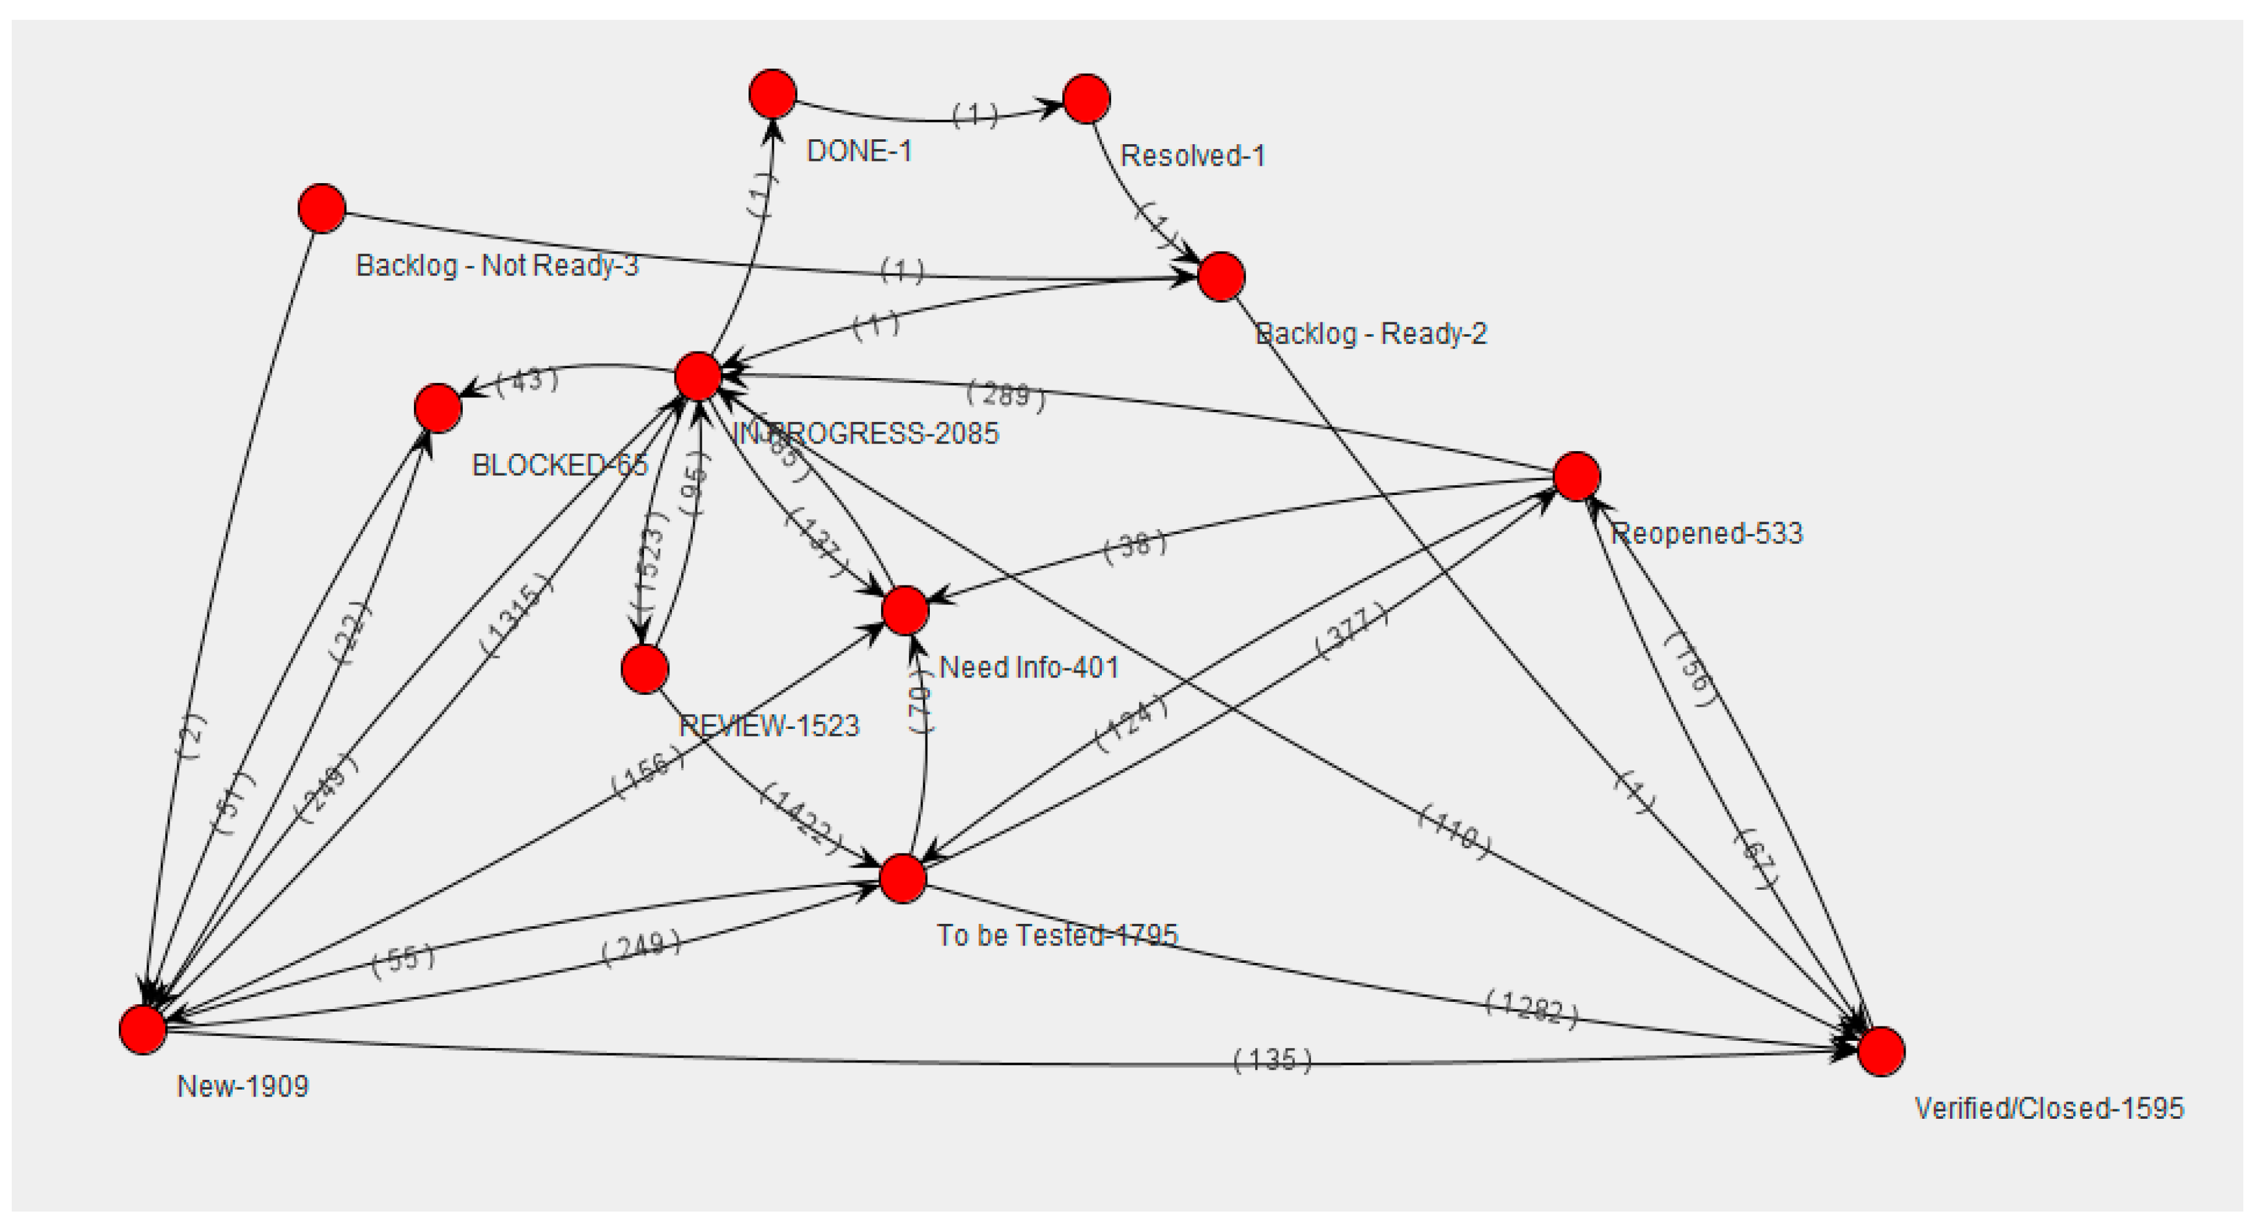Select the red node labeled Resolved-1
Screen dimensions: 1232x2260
point(1086,98)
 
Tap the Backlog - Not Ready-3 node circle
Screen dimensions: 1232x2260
point(322,208)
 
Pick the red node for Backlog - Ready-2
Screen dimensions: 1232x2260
point(1221,277)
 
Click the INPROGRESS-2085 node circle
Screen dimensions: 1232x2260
point(698,376)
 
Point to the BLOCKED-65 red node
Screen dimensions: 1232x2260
point(438,408)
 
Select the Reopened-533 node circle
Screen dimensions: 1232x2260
point(1576,476)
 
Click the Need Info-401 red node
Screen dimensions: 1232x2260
point(904,611)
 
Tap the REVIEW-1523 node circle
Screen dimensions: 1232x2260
point(645,669)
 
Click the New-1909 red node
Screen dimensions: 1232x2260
point(143,1029)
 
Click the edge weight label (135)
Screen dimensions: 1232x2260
point(1272,1060)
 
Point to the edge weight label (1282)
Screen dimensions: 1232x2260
point(1531,1009)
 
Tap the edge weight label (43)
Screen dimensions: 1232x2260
point(526,381)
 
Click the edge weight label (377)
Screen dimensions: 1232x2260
point(1353,632)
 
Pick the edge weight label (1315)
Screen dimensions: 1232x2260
point(516,615)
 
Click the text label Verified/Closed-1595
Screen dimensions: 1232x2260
point(2048,1108)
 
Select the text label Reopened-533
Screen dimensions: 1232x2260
point(1706,533)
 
